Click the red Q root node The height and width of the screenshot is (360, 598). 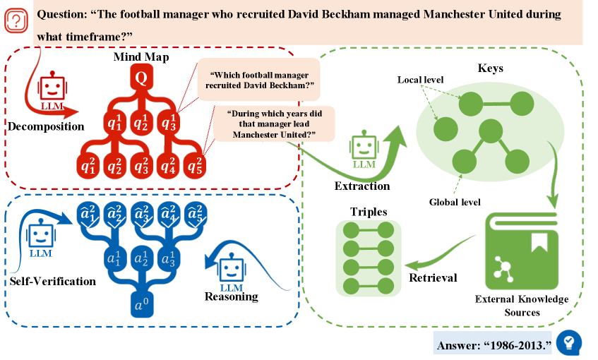click(x=140, y=78)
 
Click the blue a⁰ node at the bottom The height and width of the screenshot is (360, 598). click(x=140, y=306)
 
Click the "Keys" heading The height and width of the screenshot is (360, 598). click(x=490, y=69)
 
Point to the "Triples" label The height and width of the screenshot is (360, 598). click(x=367, y=212)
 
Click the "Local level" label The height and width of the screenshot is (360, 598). click(x=420, y=79)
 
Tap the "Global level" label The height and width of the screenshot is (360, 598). click(x=455, y=202)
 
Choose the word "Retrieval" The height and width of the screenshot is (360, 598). click(x=433, y=277)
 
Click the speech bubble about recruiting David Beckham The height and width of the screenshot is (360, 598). click(x=258, y=81)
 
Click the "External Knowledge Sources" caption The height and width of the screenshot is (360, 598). click(x=522, y=305)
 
